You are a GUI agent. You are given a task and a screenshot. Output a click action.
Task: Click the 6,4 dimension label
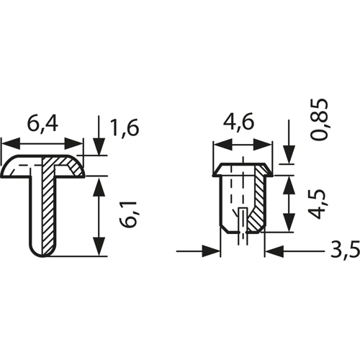(x=42, y=125)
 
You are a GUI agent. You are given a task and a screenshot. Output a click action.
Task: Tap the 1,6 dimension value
(x=125, y=128)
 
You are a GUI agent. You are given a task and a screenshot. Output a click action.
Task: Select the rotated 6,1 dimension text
(x=129, y=215)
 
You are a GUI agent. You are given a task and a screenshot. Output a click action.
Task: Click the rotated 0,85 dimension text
(x=319, y=119)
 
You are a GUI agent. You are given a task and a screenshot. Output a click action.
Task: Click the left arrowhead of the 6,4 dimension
(x=11, y=144)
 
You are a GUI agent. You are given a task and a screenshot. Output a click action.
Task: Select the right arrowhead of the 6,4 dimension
(x=73, y=144)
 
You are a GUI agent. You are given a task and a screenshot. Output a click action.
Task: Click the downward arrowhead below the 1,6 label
(x=99, y=146)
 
